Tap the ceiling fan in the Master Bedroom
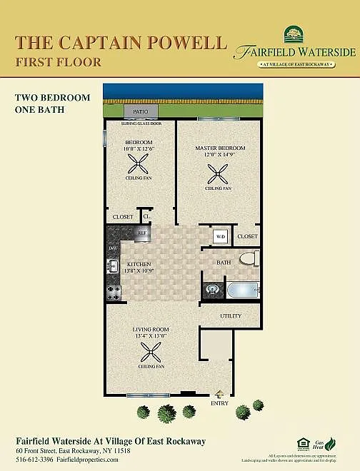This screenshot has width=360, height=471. tap(217, 172)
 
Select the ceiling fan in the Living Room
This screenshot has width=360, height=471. tap(151, 351)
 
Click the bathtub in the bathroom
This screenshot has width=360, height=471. tap(241, 290)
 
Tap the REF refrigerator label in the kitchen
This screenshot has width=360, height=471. tap(142, 233)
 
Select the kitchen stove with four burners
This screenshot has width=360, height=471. tap(114, 292)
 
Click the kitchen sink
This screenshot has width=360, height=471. tap(113, 267)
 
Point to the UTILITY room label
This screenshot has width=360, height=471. tap(231, 315)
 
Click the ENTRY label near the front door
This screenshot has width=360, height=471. tap(219, 403)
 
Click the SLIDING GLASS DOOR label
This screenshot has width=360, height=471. tap(141, 123)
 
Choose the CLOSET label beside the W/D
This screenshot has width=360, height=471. tap(247, 236)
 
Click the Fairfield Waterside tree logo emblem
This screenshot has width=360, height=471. tap(293, 34)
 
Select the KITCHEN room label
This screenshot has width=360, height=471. tap(139, 264)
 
